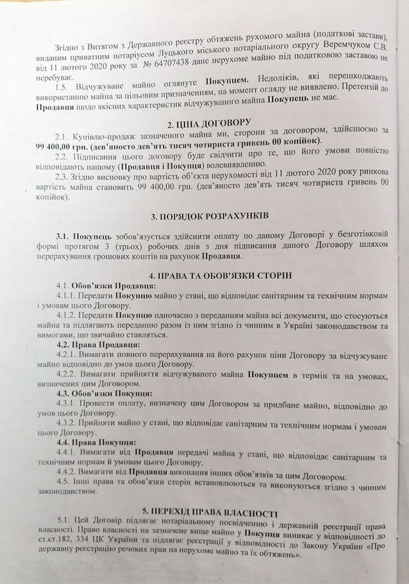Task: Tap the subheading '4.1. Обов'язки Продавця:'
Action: [x=106, y=286]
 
